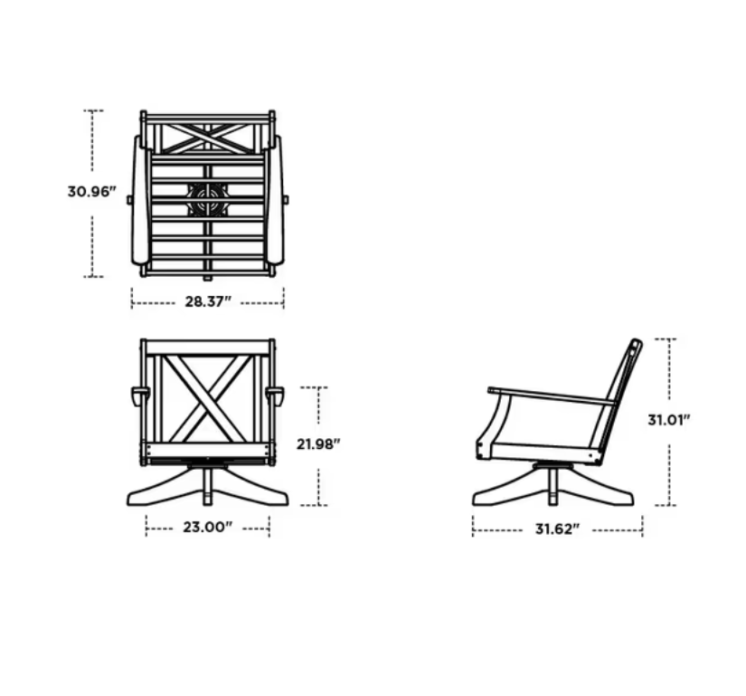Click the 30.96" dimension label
coord(92,192)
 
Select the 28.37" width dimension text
coord(208,301)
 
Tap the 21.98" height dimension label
coord(318,444)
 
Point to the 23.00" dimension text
coord(207,528)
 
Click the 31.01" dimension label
coord(668,420)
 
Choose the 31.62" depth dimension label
coord(558,529)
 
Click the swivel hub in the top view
coord(207,199)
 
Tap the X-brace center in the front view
coord(207,399)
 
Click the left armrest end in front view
coord(140,396)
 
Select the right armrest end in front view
coord(275,396)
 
